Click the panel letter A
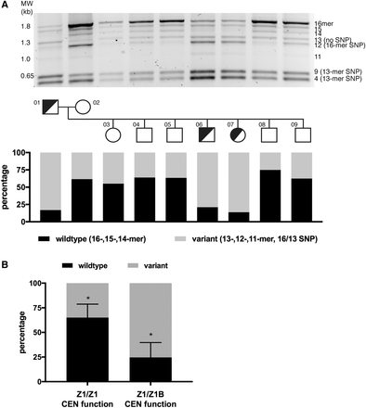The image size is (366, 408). pos(6,6)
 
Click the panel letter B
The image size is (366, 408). pos(6,264)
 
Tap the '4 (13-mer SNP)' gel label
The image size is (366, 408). pos(337,80)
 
